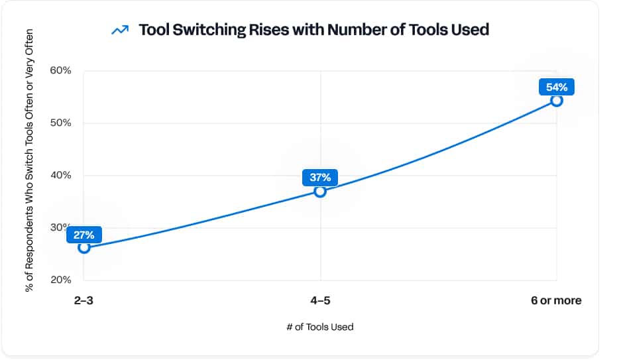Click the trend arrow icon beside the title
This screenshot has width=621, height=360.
tap(120, 30)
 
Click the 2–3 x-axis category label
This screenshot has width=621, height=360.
tap(84, 300)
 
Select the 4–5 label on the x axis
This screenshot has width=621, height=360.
tap(320, 300)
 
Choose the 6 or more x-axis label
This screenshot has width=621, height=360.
tap(556, 300)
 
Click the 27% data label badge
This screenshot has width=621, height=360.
tap(84, 234)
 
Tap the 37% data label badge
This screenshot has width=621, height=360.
tap(320, 177)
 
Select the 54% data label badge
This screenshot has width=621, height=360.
tap(556, 87)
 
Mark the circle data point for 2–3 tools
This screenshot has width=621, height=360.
tap(84, 247)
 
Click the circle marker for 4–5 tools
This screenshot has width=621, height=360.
tap(320, 192)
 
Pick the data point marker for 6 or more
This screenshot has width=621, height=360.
tap(556, 101)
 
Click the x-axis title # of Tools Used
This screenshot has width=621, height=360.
tap(320, 327)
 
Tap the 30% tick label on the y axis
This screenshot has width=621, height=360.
tap(58, 227)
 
